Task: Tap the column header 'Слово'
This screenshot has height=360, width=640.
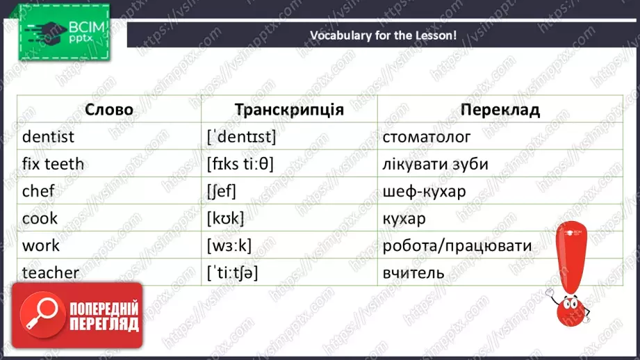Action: pyautogui.click(x=108, y=110)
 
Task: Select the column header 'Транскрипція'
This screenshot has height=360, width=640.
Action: pyautogui.click(x=289, y=110)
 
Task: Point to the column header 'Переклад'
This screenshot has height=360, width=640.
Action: pyautogui.click(x=500, y=110)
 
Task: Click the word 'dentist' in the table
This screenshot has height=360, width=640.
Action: pyautogui.click(x=48, y=137)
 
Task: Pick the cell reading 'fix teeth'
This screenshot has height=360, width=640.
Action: pyautogui.click(x=53, y=164)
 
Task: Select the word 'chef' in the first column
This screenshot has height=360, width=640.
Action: pyautogui.click(x=39, y=191)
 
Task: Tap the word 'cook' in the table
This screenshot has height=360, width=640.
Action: pyautogui.click(x=40, y=218)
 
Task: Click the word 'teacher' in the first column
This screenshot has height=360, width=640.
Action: pyautogui.click(x=51, y=272)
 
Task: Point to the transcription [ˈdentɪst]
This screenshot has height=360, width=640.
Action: pyautogui.click(x=241, y=137)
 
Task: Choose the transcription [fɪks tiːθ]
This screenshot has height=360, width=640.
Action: pyautogui.click(x=240, y=164)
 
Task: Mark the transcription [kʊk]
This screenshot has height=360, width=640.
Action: pyautogui.click(x=225, y=218)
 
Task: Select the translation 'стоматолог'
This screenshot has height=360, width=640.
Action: pyautogui.click(x=426, y=137)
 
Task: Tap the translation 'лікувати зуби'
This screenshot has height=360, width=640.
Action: pyautogui.click(x=435, y=164)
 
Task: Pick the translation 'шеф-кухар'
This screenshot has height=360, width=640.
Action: pyautogui.click(x=424, y=191)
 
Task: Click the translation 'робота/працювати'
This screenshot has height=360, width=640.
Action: pyautogui.click(x=457, y=245)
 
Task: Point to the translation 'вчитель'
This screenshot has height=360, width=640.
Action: pyautogui.click(x=413, y=272)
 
